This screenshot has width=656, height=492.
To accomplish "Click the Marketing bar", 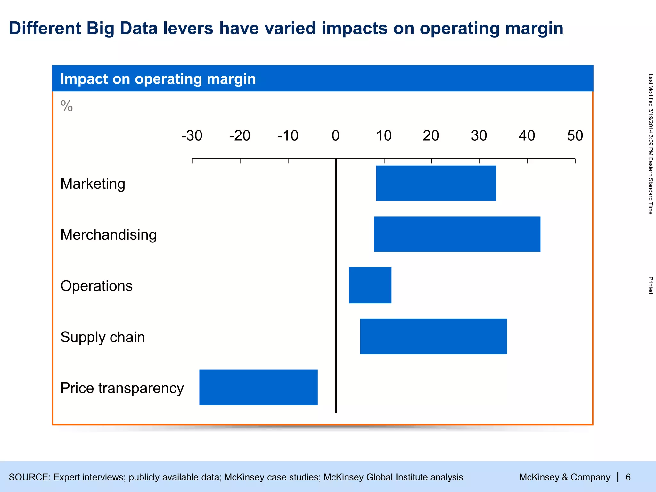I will click(436, 183).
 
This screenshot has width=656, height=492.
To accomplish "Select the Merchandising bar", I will click(457, 234).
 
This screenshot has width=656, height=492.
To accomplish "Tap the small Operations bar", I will click(370, 285).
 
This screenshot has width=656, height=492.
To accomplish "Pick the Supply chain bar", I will click(433, 336).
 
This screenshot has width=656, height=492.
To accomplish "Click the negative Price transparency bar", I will click(258, 387).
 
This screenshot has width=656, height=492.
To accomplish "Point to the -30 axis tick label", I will click(192, 136).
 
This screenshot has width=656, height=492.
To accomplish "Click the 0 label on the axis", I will click(335, 136).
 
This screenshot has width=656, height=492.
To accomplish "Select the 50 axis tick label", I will click(575, 136).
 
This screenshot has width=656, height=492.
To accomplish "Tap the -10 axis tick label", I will click(288, 136).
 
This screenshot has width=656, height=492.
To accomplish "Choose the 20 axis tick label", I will click(431, 136).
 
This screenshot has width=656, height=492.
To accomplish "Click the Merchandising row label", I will click(108, 235).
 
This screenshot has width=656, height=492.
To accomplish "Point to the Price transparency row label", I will click(122, 388).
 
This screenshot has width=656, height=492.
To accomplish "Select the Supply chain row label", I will click(102, 337).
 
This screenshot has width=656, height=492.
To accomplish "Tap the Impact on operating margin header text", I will click(158, 79).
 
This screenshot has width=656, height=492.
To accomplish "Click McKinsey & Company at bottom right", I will click(564, 477).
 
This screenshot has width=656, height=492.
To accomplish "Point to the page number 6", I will click(628, 477).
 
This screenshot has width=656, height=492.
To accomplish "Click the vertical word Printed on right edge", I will click(650, 285).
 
